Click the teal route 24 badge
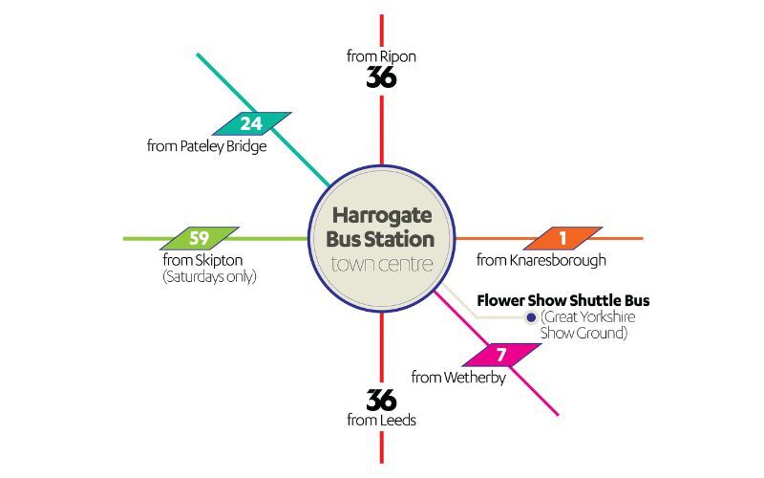[251, 124]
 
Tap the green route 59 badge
[200, 238]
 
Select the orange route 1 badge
[562, 238]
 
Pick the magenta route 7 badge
[501, 355]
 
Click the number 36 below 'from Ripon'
[381, 77]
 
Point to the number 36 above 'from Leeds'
[381, 400]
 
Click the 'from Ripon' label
[381, 56]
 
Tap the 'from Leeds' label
[381, 420]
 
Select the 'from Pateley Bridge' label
[207, 146]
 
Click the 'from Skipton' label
[202, 260]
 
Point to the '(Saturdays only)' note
[209, 277]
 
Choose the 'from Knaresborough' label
[541, 260]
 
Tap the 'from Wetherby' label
[458, 377]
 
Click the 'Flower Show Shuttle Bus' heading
[563, 300]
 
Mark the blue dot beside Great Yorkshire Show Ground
[531, 317]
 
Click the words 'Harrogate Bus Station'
[380, 228]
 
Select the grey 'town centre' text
[381, 264]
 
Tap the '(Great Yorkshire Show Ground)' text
[587, 325]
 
